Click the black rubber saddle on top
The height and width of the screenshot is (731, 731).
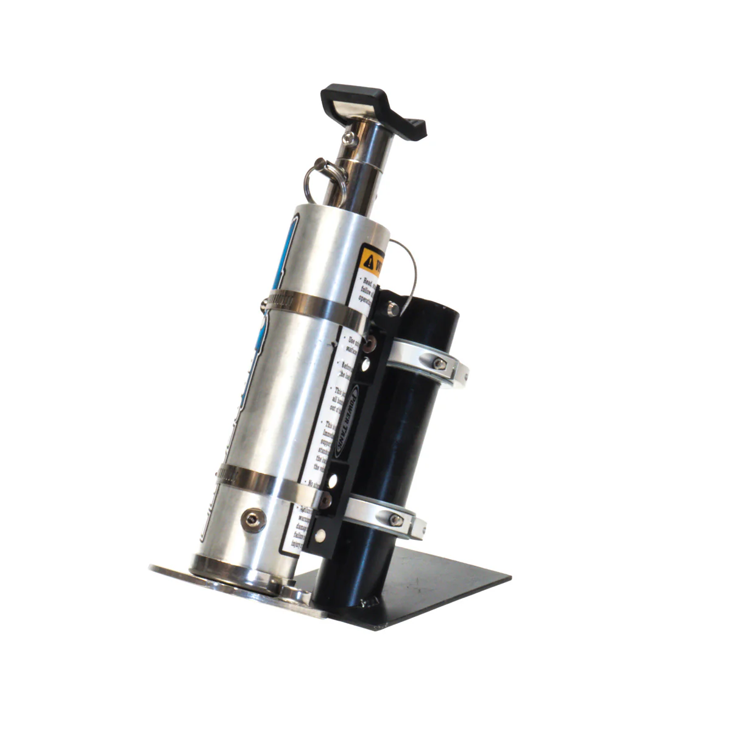coord(373,106)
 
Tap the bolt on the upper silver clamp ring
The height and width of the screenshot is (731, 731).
coord(438,364)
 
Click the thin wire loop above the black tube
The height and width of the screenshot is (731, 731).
coord(405,262)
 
